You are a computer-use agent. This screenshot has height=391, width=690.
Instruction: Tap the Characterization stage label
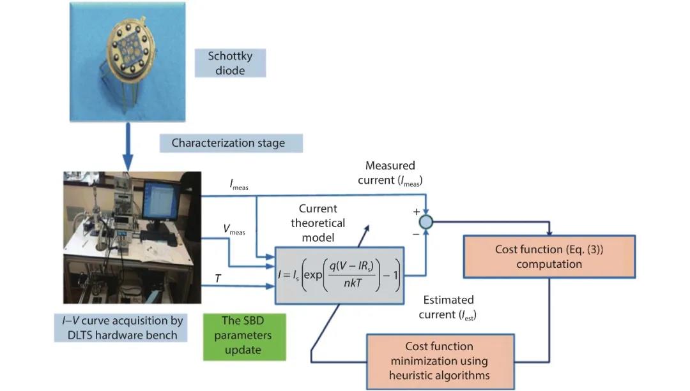coord(228,143)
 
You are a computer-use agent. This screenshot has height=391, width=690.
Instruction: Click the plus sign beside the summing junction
coord(417,211)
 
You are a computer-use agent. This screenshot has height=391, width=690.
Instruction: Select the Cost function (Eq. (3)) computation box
coord(548,256)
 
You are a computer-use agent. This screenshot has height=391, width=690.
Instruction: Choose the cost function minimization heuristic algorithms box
coord(440,360)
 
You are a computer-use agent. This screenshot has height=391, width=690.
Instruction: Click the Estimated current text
coord(447,307)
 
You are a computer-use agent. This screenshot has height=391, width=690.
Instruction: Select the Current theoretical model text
coord(318,223)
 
